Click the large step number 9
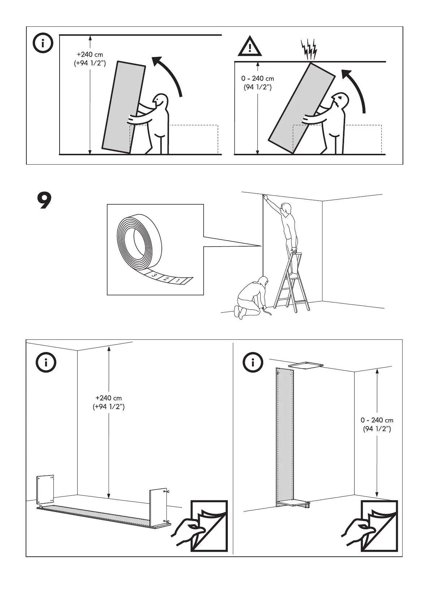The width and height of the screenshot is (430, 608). tap(44, 201)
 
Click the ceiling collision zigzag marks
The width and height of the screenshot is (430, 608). tap(309, 50)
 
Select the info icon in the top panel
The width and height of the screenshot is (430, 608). tap(43, 44)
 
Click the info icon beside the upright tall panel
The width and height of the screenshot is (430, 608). tap(253, 362)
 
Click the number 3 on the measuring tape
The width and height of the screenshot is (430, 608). tap(155, 276)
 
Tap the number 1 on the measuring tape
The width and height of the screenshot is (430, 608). tap(178, 281)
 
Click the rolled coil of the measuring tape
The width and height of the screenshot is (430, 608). tap(139, 242)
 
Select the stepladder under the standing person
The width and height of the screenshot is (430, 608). tap(292, 283)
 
